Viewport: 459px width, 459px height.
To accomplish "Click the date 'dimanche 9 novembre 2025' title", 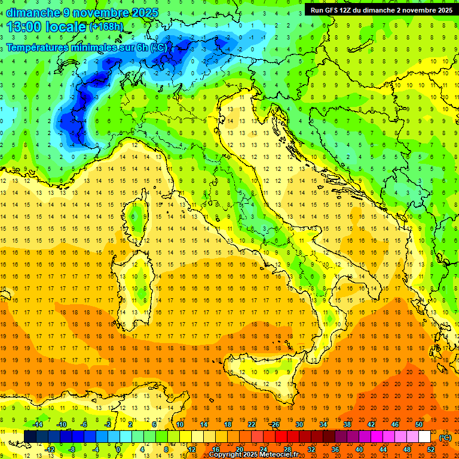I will point(82,13).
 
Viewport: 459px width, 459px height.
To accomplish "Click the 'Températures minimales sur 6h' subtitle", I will point(87,47).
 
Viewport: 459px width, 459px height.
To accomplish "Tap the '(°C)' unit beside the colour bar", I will point(445,437).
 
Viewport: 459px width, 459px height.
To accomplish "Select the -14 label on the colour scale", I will point(38,424).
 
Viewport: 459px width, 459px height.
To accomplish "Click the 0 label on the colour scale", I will point(118,449).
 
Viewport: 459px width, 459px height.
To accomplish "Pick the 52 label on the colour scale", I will point(431,449).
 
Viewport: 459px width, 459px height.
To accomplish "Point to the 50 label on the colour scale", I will point(419,424).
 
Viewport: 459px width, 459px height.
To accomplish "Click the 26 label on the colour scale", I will point(275,424).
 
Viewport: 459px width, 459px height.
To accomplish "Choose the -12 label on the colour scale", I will point(50,449).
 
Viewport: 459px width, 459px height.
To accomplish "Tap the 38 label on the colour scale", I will point(347,424).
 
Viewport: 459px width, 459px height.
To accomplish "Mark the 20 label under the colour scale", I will point(239,449).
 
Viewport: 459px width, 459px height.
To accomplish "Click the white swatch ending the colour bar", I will point(424,436).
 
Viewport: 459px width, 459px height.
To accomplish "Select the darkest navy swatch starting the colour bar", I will point(30,436).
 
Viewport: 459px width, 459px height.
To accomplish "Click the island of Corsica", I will point(137,219).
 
